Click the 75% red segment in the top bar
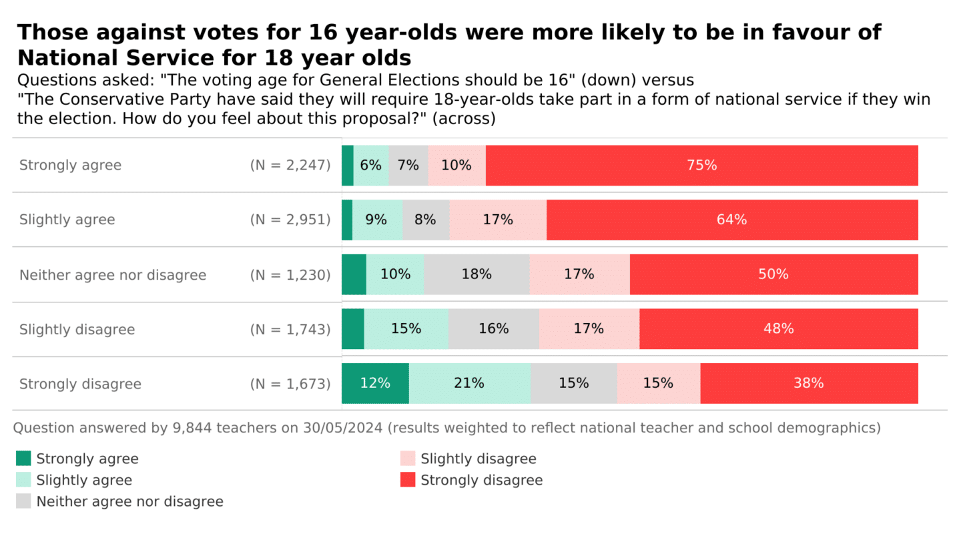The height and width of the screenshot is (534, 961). click(x=701, y=166)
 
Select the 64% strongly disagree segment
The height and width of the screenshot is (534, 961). click(x=731, y=220)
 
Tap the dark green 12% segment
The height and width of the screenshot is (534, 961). click(x=375, y=384)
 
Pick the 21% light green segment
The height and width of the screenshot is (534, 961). click(x=469, y=384)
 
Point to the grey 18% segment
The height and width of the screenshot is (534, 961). click(x=476, y=274)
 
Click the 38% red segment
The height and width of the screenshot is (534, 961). click(x=809, y=384)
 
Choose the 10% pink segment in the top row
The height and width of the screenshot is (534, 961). click(x=456, y=166)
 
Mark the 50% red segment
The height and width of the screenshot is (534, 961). click(x=773, y=274)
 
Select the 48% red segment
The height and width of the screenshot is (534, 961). click(x=778, y=329)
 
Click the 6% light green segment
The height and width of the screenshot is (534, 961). click(x=371, y=166)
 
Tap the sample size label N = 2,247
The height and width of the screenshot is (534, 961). click(x=290, y=166)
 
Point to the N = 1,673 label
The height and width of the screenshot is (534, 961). click(x=290, y=384)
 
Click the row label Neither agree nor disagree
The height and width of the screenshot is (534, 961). click(x=113, y=275)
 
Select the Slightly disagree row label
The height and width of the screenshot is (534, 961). click(x=77, y=330)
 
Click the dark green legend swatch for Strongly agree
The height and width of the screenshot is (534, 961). click(x=23, y=459)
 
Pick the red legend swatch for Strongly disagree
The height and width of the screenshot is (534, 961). click(x=408, y=480)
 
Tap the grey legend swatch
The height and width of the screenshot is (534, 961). click(x=23, y=501)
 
